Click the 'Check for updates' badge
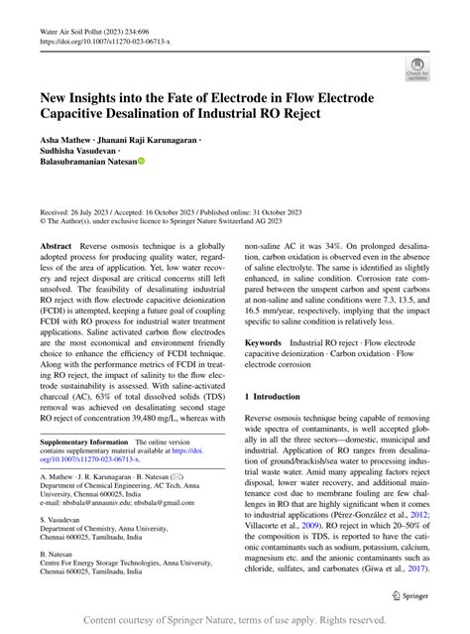click(416, 68)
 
